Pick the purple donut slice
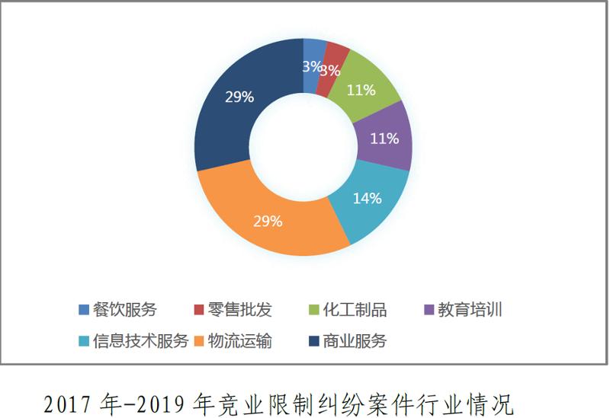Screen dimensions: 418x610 coord(385,137)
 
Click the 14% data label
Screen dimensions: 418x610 coord(367,198)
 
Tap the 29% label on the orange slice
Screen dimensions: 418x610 coord(268,222)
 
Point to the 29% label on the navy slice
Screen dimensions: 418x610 coord(239,97)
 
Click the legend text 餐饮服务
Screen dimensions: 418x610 coord(124,309)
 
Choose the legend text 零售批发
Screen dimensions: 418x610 coord(239,309)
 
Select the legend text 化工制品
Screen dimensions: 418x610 coord(355,309)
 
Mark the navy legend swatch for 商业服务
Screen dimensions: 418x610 coord(314,340)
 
